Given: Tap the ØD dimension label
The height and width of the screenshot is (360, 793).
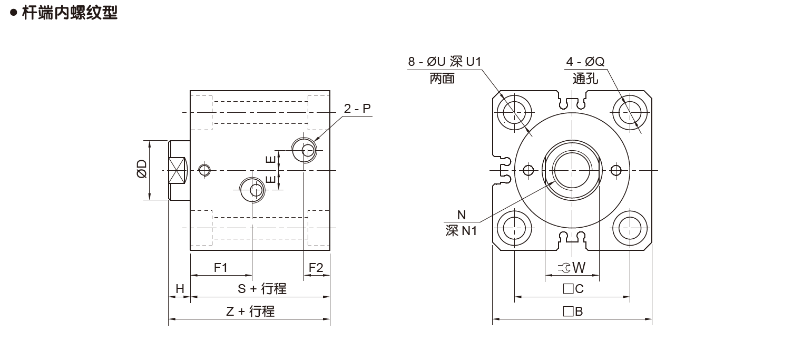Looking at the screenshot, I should (x=142, y=170).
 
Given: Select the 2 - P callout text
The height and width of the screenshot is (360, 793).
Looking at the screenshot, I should (x=357, y=109).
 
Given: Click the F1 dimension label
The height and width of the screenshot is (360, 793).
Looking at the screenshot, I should (x=220, y=267).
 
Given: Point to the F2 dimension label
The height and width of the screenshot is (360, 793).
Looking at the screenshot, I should (x=316, y=267).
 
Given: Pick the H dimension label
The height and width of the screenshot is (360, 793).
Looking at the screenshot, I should (x=179, y=289).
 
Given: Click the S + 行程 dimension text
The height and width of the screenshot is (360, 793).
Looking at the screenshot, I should (x=261, y=289).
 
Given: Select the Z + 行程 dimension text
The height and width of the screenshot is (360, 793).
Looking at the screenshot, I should (x=250, y=311).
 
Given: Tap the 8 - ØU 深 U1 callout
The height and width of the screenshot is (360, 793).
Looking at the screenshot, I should (x=444, y=62).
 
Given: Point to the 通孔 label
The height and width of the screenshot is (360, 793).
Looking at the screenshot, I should (x=585, y=79).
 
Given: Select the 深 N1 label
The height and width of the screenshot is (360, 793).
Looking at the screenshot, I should (x=461, y=230).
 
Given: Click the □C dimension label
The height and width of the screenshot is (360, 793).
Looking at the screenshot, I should (x=573, y=289).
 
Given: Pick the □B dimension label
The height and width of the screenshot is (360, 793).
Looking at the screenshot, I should (x=573, y=311).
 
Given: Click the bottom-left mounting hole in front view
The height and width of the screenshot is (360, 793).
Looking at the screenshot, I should (x=514, y=228).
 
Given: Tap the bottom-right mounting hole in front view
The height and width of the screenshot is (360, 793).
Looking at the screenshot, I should (x=630, y=228).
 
